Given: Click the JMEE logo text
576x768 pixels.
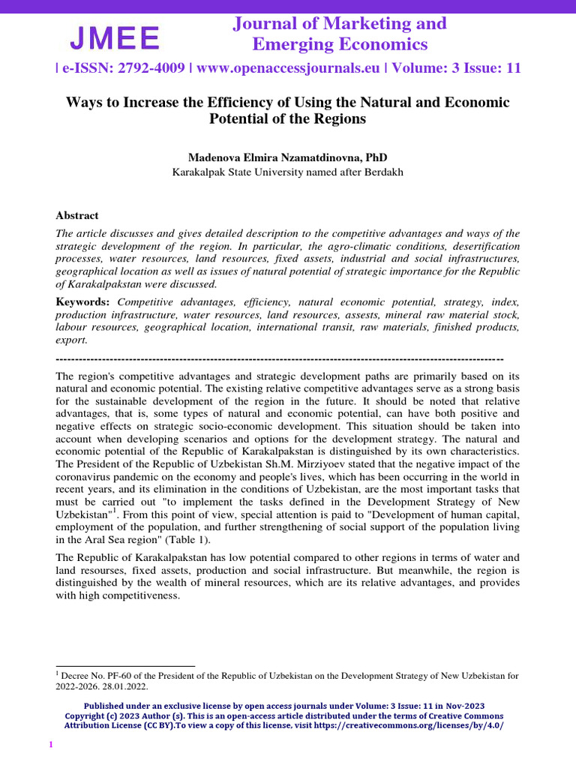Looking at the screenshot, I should pyautogui.click(x=115, y=37).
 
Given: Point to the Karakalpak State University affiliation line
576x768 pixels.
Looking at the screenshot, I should pyautogui.click(x=288, y=172).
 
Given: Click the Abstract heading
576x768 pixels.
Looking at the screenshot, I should pyautogui.click(x=77, y=215).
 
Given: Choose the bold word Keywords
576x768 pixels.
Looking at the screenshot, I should pyautogui.click(x=82, y=301).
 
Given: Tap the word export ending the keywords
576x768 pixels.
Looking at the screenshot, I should pyautogui.click(x=71, y=340).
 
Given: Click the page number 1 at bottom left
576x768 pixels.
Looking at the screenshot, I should pyautogui.click(x=50, y=744).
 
